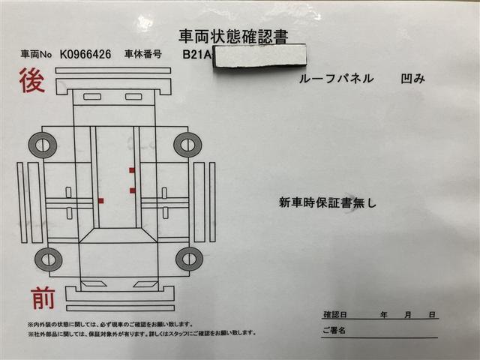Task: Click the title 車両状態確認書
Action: coord(232,35)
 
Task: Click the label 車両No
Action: coord(35,55)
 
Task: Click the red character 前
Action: coord(43,298)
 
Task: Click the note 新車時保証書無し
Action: coord(327,202)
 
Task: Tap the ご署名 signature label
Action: coord(334,330)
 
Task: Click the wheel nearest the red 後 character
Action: coord(42,144)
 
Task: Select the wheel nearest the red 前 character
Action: coord(47,259)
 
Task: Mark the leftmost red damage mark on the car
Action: coord(100,200)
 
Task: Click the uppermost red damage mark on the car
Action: coord(132,170)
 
